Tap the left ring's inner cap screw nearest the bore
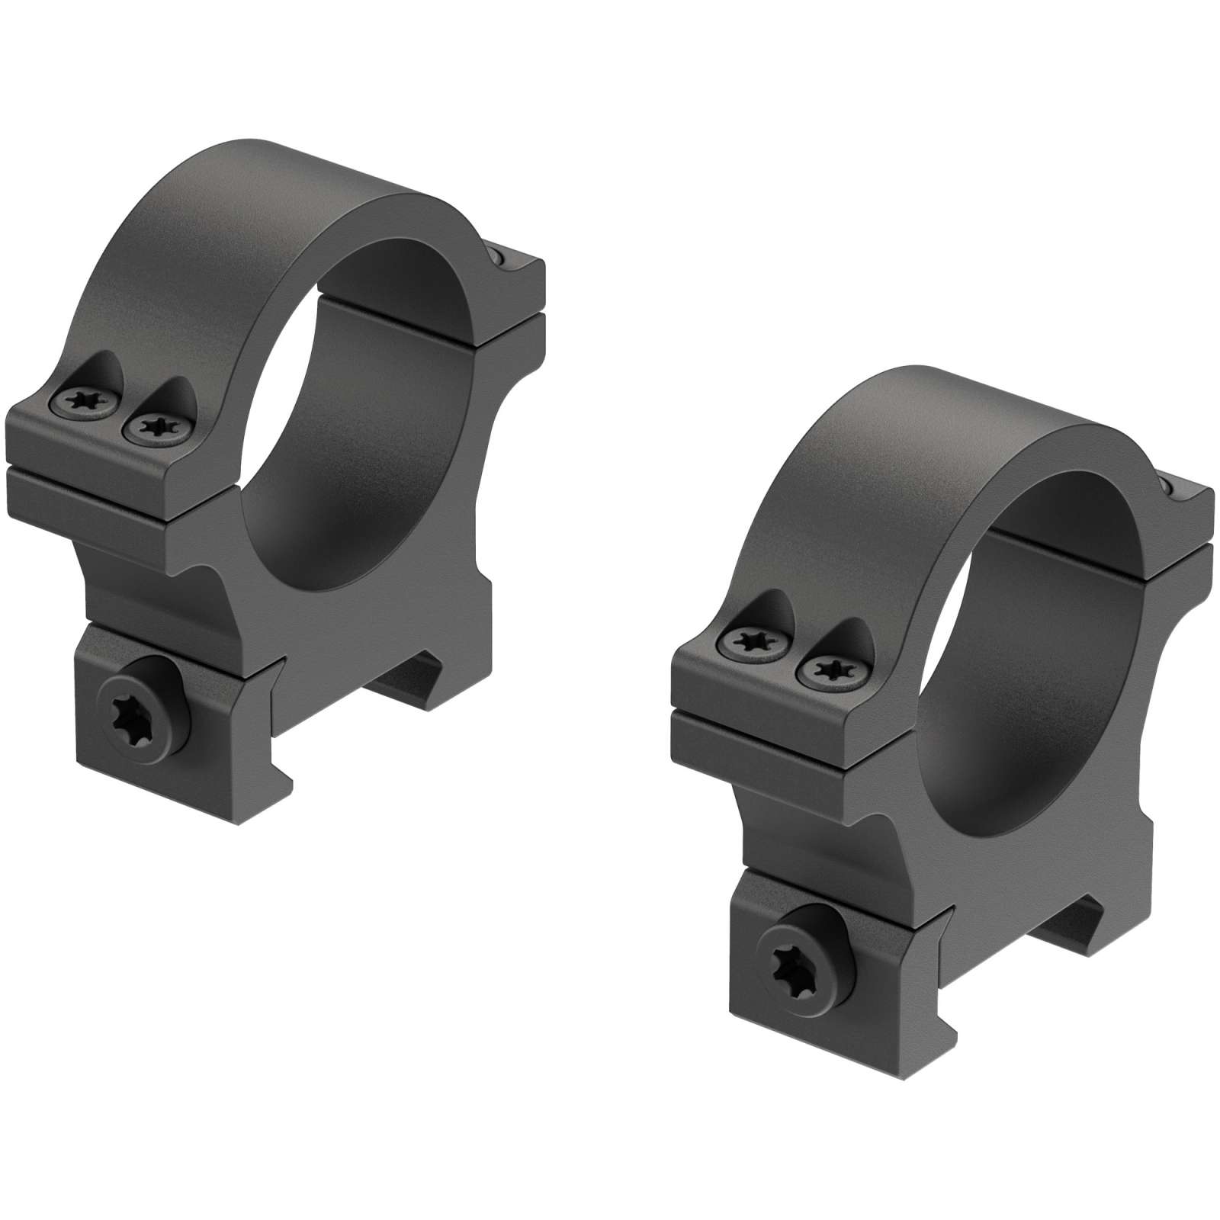click(156, 426)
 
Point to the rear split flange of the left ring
click(511, 305)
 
